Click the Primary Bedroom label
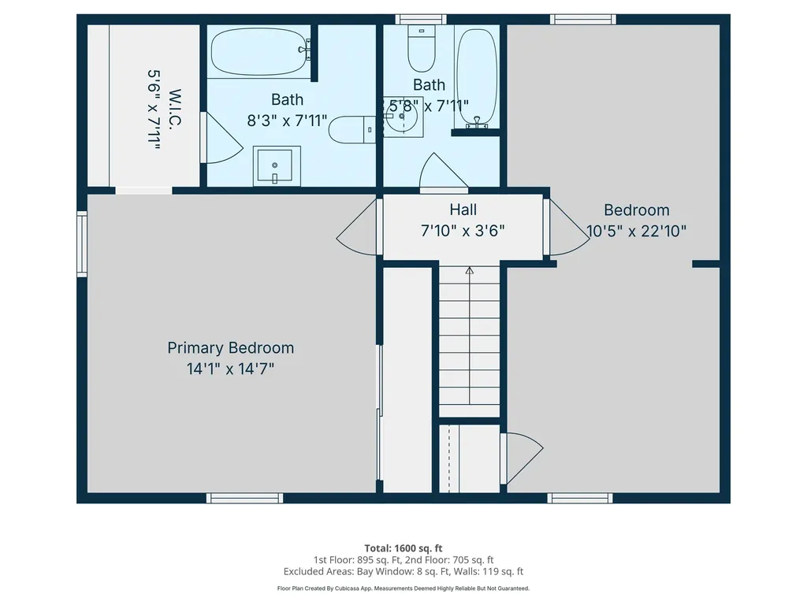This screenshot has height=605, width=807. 230,347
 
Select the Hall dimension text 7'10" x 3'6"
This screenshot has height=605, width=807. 463,230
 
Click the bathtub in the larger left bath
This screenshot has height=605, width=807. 258,50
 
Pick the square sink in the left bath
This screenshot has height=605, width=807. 276,165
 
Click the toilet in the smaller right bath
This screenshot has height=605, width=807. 422,48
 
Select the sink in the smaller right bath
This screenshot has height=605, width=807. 403,117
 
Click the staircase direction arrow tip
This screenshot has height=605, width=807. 470,270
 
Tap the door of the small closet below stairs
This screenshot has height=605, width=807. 521,458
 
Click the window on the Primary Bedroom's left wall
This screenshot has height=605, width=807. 82,243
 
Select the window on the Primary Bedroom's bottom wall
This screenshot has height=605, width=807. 244,498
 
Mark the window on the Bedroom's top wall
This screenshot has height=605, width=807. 582,19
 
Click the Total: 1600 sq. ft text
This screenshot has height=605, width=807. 403,547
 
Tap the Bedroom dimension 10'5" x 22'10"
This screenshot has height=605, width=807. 637,231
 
